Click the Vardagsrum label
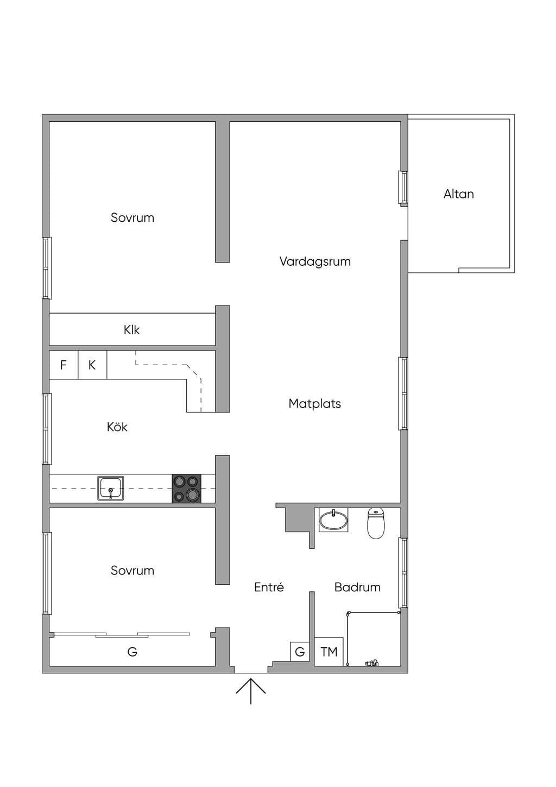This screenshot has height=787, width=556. click(x=315, y=262)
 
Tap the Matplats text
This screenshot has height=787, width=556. click(x=314, y=404)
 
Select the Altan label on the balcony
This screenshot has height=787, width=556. click(x=458, y=194)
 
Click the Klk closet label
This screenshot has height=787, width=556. click(x=131, y=330)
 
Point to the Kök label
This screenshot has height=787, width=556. click(x=117, y=427)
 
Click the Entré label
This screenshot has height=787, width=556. click(x=269, y=587)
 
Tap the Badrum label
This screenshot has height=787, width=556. click(x=357, y=587)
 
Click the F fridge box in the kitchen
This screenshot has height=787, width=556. click(x=64, y=365)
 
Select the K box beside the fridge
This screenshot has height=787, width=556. click(x=92, y=365)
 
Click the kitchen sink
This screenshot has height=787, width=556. click(x=111, y=488)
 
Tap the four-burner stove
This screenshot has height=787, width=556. click(x=186, y=489)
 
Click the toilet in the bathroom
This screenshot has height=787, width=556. click(x=376, y=523)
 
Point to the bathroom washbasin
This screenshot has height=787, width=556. click(x=333, y=520)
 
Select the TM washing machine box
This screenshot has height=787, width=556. click(x=329, y=652)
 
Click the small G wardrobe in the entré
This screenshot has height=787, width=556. click(x=300, y=652)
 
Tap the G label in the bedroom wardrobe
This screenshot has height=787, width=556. click(x=132, y=652)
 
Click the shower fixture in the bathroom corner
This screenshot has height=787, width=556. click(x=372, y=663)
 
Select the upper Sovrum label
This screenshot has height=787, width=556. click(x=132, y=218)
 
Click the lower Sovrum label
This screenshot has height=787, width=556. click(x=132, y=571)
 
